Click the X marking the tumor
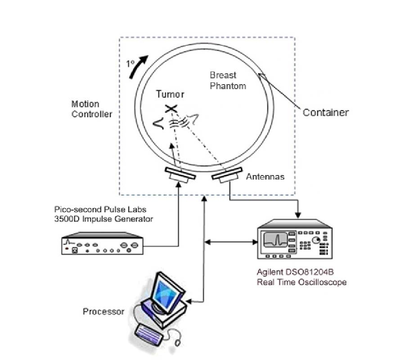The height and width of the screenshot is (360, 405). (x=171, y=108)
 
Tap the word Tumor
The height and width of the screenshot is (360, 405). (x=170, y=94)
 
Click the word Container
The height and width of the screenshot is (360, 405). (x=325, y=112)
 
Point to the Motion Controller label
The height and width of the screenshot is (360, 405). (x=92, y=109)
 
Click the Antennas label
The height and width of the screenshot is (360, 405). (x=265, y=177)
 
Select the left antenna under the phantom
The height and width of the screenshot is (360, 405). (x=180, y=175)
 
